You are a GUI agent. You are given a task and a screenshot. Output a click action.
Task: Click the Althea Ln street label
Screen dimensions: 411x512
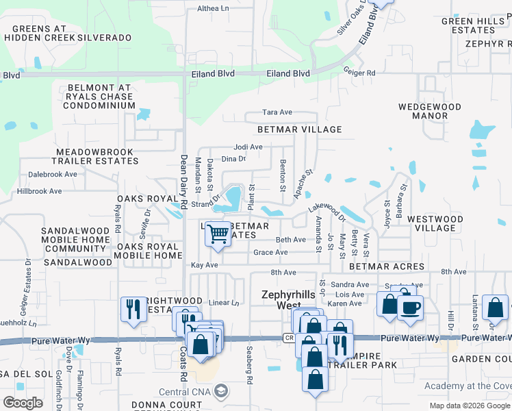point(214,8)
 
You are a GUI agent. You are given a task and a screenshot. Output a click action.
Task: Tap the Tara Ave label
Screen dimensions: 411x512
point(278,112)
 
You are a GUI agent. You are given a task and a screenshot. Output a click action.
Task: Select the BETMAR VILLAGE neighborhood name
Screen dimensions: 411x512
point(299,129)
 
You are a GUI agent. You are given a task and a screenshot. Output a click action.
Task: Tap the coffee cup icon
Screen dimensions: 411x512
point(410,308)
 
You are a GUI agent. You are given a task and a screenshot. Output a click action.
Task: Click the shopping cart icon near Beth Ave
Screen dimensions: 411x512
point(218,234)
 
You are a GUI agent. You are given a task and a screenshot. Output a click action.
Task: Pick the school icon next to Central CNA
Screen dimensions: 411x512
point(220,392)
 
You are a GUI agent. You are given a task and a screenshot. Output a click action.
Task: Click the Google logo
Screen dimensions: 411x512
point(23,402)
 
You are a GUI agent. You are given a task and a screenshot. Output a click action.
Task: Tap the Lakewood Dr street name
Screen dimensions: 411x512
point(327,206)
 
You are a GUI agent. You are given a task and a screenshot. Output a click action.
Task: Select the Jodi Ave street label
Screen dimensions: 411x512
point(248,147)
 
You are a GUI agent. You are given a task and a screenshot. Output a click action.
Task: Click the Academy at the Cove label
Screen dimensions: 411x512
point(467,386)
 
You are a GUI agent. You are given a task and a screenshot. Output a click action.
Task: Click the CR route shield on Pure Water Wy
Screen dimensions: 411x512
point(289,338)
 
